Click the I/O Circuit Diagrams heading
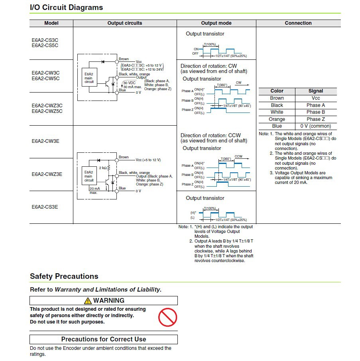point(66,8)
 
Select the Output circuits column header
point(124,23)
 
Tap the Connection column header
point(298,23)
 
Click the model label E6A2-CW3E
point(45,141)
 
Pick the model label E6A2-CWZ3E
point(47,174)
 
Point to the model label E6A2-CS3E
point(45,207)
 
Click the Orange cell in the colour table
point(277,119)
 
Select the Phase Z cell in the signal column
point(316,119)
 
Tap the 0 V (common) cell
point(316,126)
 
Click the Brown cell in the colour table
point(277,98)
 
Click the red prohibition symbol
point(167,317)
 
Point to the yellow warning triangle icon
point(88,301)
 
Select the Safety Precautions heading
point(64,276)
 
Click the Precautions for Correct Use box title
point(104,339)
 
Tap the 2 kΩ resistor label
point(102,168)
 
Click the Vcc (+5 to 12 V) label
point(148,160)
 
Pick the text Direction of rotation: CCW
point(210,135)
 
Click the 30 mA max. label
point(132,87)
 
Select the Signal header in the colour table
point(316,91)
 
